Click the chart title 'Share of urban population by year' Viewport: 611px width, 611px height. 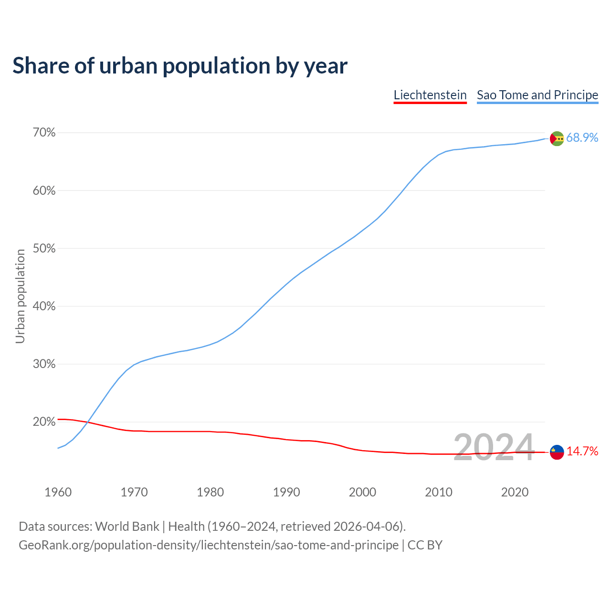point(180,65)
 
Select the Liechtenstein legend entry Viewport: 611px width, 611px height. point(430,95)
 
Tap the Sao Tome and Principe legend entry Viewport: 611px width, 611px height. point(537,95)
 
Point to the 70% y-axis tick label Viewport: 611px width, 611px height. point(44,133)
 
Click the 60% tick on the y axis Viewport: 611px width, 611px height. point(44,191)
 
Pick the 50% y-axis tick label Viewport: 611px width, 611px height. point(44,249)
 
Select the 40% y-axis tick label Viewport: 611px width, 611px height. point(44,306)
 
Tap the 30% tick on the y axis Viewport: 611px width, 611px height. point(44,364)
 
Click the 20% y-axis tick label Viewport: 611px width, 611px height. point(44,422)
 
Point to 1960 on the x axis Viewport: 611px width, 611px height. point(58,492)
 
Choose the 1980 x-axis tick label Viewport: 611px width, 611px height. point(210,492)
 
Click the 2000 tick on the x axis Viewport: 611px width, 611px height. point(362,492)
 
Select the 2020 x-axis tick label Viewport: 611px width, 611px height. point(515,492)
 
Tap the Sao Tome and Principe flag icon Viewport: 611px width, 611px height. point(557,138)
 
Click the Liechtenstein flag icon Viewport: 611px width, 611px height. point(557,452)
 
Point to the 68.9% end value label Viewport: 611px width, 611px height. point(582,138)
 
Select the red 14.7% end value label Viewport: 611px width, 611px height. point(582,452)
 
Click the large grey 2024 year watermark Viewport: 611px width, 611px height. point(494,448)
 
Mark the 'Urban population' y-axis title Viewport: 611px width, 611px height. point(20,296)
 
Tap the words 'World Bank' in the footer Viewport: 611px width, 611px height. point(127,527)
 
